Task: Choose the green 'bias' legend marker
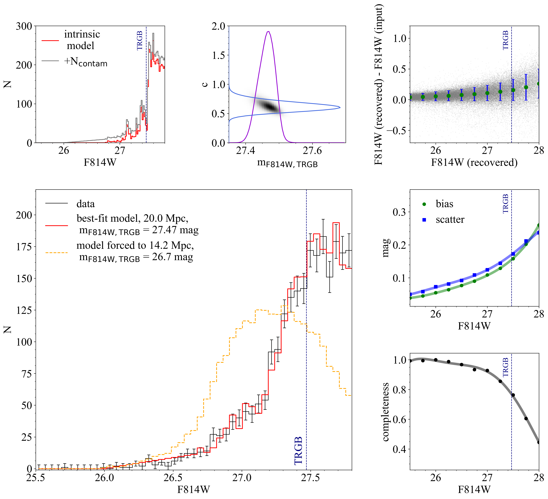click(x=424, y=204)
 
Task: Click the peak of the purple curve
click(x=268, y=31)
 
